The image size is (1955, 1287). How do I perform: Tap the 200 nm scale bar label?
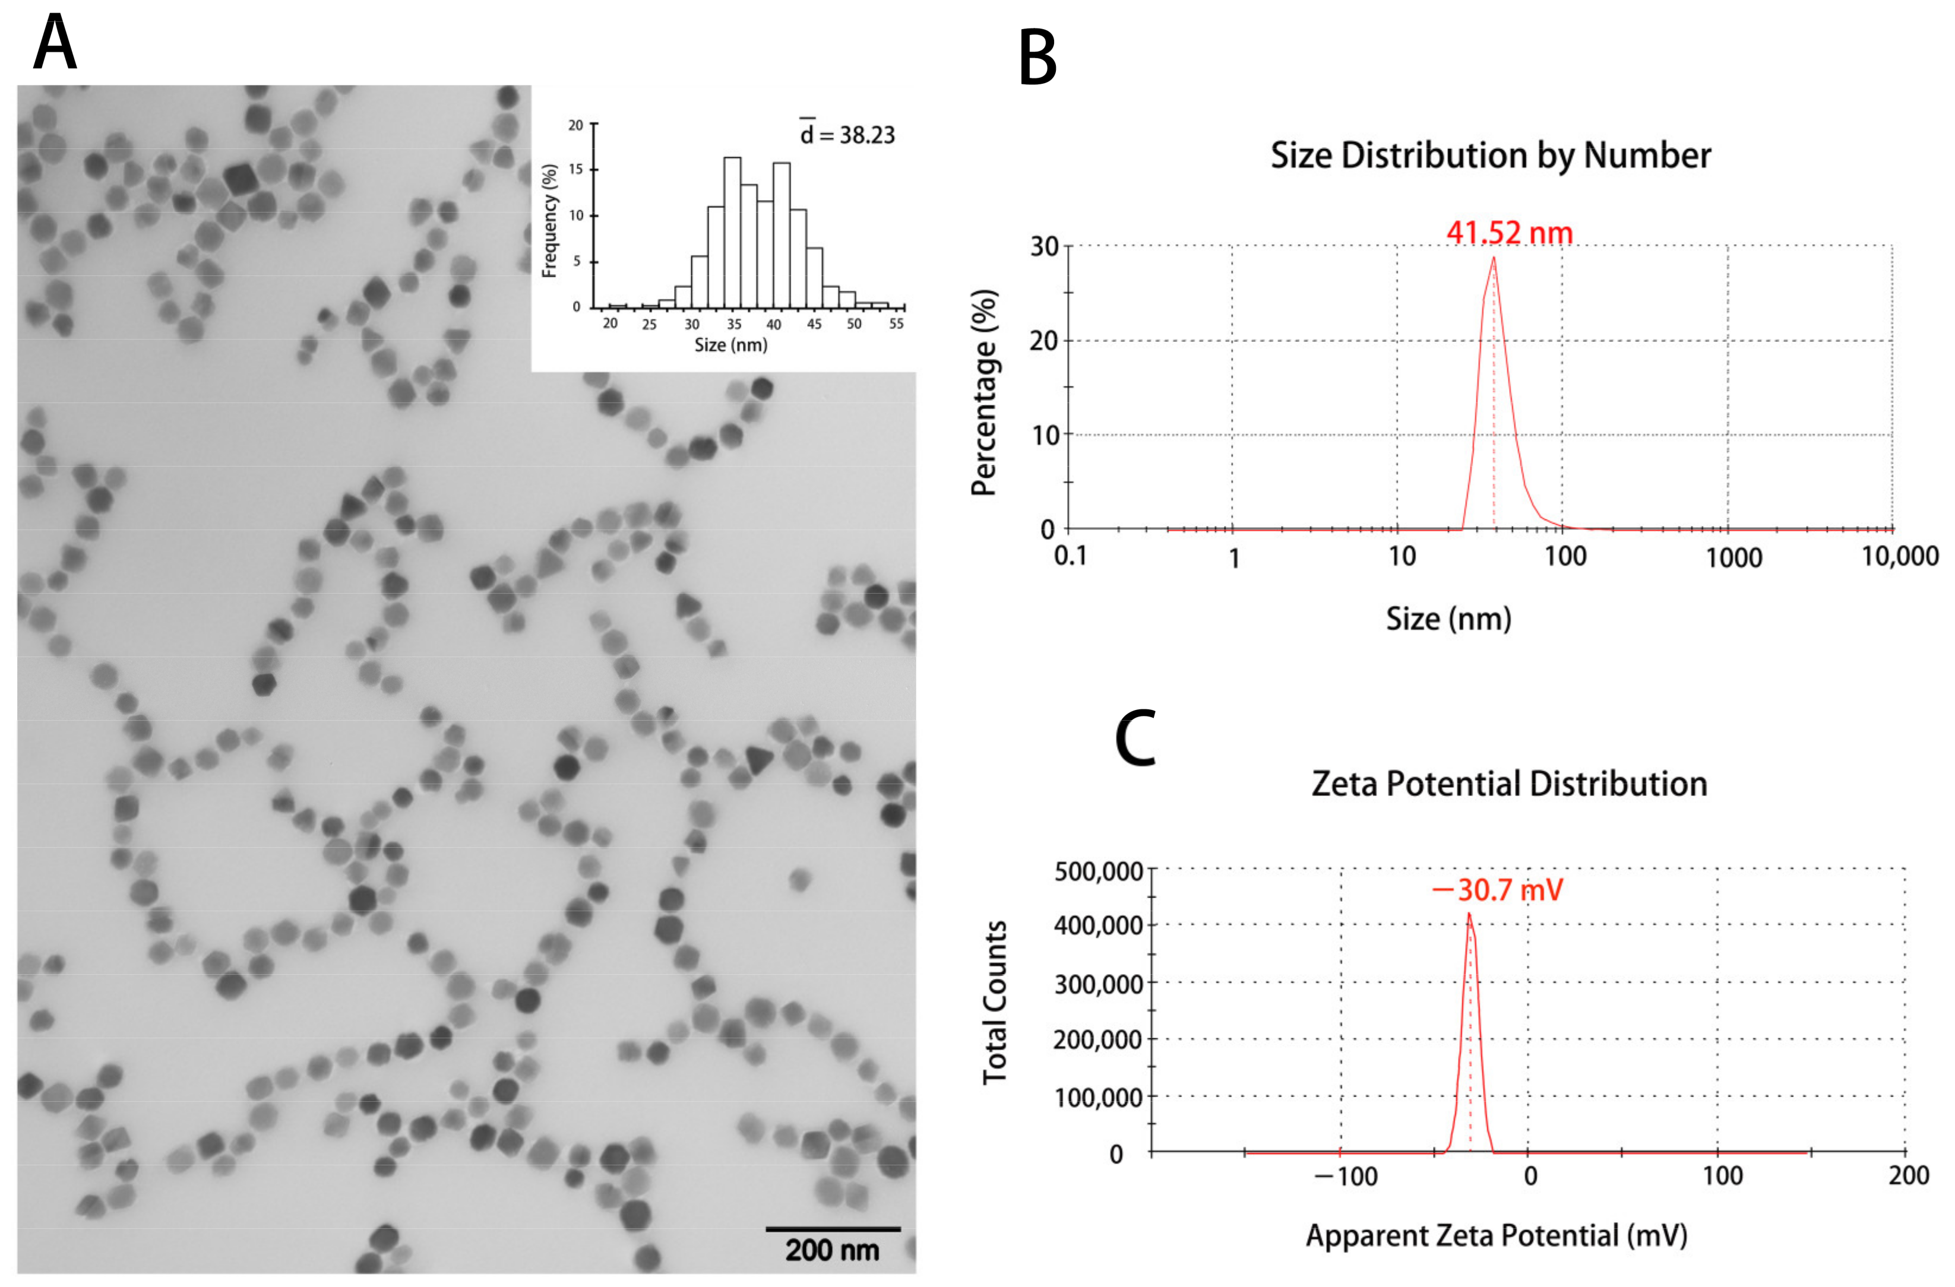[832, 1250]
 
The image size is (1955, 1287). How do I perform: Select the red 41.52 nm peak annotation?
[1509, 233]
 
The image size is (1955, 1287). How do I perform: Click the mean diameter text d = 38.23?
[847, 135]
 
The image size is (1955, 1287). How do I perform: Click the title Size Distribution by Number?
[1490, 155]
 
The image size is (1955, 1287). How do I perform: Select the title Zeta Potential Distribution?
[1509, 784]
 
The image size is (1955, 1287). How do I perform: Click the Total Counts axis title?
[995, 1002]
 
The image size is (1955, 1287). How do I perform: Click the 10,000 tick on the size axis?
[1899, 557]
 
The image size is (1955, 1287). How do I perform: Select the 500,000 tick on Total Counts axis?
[1098, 871]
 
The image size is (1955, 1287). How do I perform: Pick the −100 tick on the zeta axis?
[1346, 1176]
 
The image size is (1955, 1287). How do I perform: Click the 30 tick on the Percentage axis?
[1044, 246]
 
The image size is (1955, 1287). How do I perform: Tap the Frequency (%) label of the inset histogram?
[549, 220]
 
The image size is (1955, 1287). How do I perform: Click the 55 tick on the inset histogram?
[896, 324]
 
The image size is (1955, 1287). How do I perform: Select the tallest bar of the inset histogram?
[732, 232]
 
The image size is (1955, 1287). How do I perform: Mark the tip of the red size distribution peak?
[1494, 258]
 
